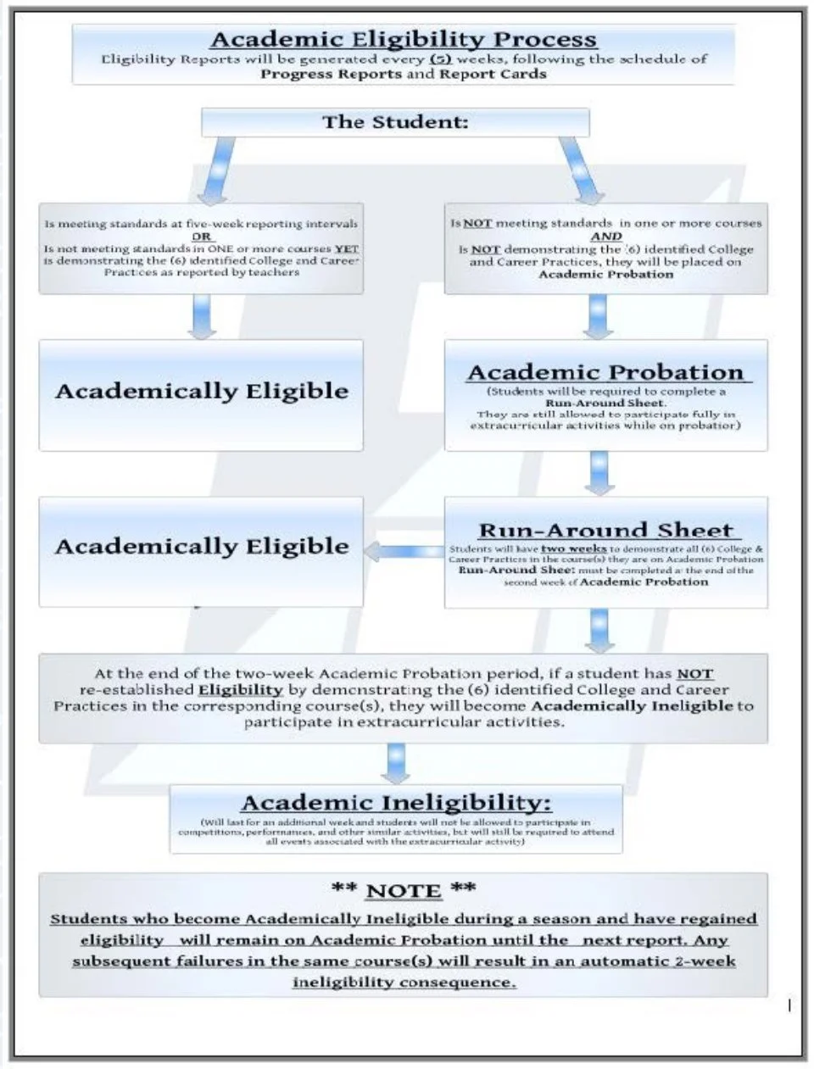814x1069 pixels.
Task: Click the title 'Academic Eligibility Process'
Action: [404, 39]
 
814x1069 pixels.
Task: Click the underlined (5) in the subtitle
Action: [439, 59]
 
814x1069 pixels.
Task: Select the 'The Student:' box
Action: [395, 122]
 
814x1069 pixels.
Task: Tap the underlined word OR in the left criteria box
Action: [201, 237]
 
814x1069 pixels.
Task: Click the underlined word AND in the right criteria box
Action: [606, 237]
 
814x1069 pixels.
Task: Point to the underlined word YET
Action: [346, 249]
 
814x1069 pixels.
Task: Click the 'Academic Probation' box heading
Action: [605, 373]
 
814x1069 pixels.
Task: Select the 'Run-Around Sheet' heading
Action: [605, 531]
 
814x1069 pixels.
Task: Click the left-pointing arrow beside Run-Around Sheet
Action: [404, 553]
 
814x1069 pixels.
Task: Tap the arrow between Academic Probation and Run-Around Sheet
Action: [600, 474]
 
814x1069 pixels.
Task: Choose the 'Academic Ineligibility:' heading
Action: [396, 803]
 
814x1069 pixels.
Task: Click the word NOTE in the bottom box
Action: [404, 891]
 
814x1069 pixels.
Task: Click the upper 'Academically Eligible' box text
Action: [202, 392]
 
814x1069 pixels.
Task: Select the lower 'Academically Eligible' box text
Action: [202, 547]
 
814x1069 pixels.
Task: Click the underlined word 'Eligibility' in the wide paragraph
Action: [240, 690]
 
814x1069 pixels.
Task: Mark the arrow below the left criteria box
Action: [202, 317]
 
